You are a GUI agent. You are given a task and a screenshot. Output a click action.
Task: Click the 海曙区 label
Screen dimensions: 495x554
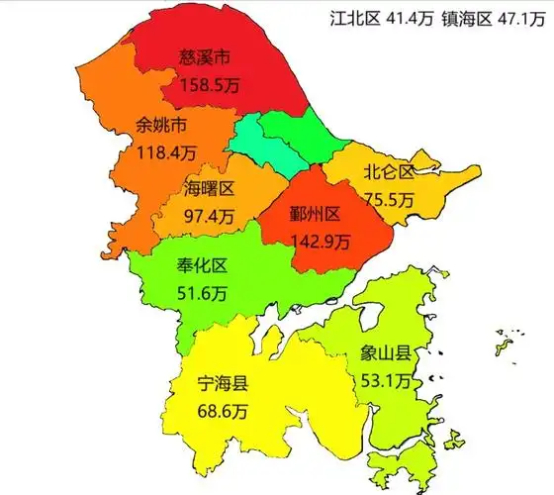pos(209,188)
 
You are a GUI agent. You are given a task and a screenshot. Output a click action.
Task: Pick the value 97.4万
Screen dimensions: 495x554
pos(210,213)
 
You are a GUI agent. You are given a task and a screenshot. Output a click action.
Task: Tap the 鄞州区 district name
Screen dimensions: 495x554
pos(316,215)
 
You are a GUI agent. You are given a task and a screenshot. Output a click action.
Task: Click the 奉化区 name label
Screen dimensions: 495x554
pos(202,266)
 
